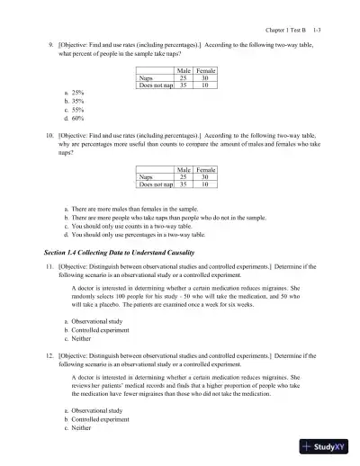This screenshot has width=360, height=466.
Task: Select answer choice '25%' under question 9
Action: tap(77, 93)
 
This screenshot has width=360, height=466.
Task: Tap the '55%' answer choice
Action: tap(77, 109)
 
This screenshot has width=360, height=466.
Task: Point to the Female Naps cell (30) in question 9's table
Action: tap(205, 78)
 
